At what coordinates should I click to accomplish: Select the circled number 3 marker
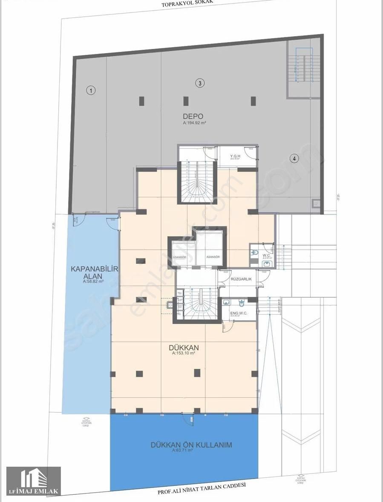(199, 83)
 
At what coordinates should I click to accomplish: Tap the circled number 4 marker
(294, 159)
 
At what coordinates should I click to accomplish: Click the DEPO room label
(193, 116)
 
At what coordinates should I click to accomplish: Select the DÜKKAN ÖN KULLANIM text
(191, 445)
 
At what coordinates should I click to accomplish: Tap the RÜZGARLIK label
(241, 280)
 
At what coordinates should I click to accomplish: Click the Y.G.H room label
(236, 156)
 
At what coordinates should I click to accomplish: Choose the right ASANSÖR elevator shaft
(213, 252)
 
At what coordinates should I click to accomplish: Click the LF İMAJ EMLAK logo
(34, 481)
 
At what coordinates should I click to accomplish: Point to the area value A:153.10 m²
(184, 354)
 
